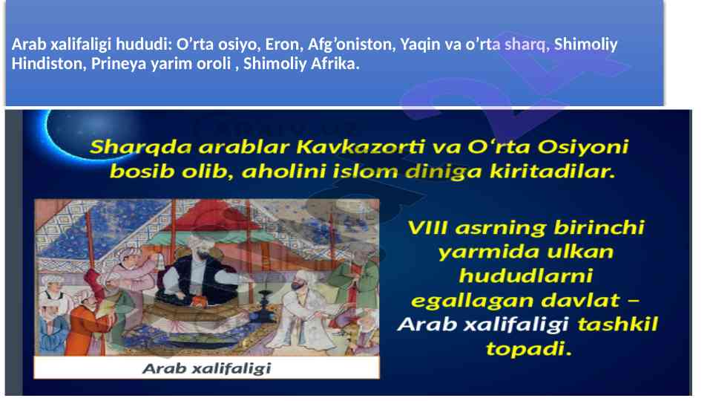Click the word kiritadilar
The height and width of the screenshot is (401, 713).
[553, 172]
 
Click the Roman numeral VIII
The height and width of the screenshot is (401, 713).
[427, 227]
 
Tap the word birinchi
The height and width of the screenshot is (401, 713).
[599, 227]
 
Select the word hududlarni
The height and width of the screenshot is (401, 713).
[525, 276]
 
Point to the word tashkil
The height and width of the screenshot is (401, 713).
[617, 325]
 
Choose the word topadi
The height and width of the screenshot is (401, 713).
[528, 349]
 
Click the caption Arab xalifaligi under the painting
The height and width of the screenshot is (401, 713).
[207, 368]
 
